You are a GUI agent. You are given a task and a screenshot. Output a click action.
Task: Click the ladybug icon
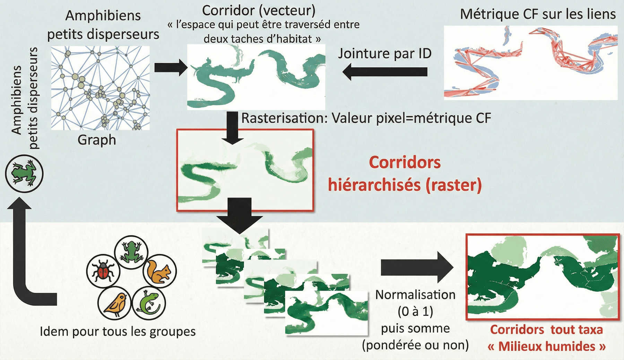point(103,271)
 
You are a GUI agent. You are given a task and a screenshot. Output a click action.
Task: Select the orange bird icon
point(115,304)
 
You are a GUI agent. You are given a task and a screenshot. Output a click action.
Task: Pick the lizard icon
point(149,303)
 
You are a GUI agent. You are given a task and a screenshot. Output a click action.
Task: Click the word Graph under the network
point(97,140)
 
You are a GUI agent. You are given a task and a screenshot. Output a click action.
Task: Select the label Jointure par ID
point(384,53)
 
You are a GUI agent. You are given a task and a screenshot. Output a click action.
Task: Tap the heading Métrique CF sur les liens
point(538,14)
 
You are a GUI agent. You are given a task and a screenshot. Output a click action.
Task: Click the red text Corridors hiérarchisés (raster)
point(405,174)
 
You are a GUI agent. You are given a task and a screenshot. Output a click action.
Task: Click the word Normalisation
point(415,295)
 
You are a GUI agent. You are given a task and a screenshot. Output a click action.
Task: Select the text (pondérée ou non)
point(415,345)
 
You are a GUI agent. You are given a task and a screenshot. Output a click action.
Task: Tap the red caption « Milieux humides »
point(546,346)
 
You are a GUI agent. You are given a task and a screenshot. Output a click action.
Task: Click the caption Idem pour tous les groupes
point(118,332)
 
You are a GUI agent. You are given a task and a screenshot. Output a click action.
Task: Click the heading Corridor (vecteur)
point(259,10)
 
